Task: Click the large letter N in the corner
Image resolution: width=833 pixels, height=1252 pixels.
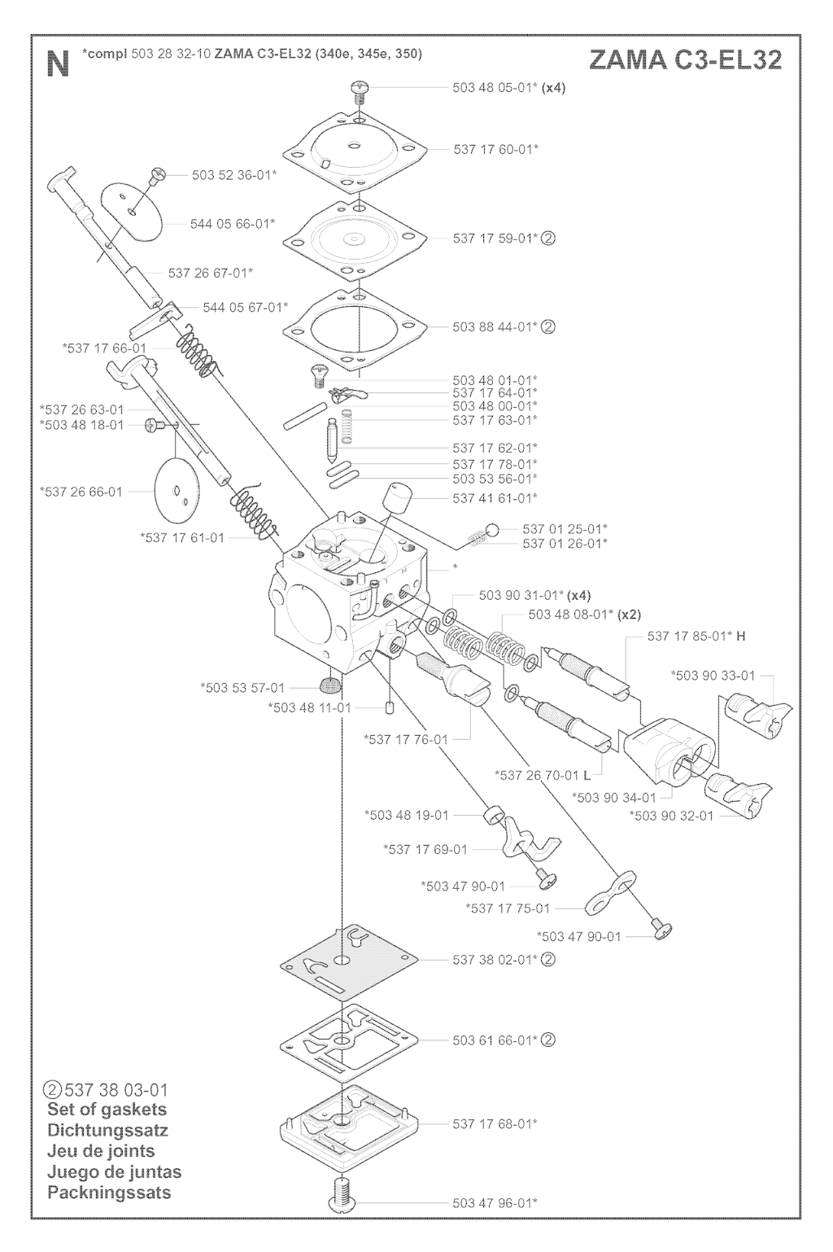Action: click(x=57, y=63)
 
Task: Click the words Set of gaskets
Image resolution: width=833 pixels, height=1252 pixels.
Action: click(x=107, y=1110)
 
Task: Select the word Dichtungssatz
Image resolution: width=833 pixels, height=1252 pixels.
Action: click(x=108, y=1131)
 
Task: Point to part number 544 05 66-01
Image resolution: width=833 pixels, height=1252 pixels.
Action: click(x=232, y=223)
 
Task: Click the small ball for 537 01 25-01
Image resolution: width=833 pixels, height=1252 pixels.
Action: click(x=492, y=529)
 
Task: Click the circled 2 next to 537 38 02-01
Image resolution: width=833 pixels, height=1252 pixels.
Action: click(x=548, y=960)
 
